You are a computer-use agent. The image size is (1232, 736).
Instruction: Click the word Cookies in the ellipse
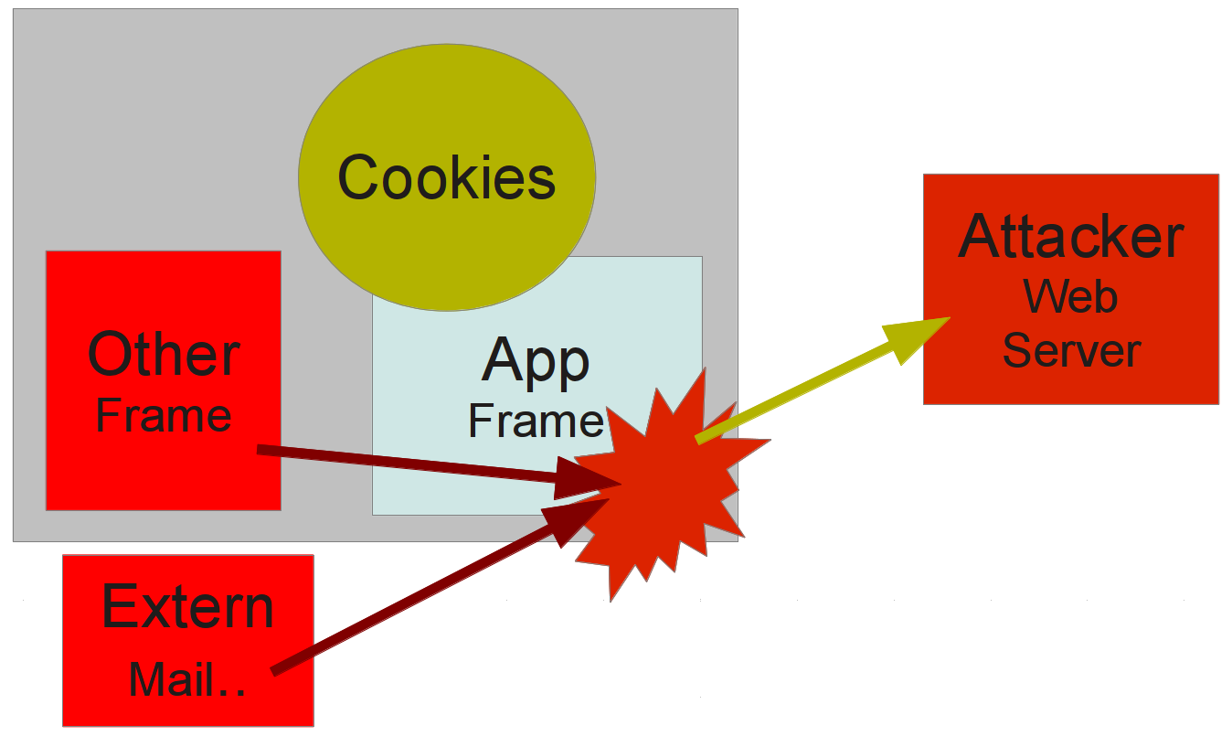point(446,177)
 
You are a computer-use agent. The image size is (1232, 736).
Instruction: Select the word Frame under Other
point(164,416)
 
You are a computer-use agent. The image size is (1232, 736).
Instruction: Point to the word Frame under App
point(536,421)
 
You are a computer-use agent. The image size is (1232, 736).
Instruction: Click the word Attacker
point(1071,236)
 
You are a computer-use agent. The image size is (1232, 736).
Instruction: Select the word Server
point(1071,350)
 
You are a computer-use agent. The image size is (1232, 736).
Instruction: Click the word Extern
point(187,605)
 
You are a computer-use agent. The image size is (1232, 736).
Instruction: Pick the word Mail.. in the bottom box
point(187,678)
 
